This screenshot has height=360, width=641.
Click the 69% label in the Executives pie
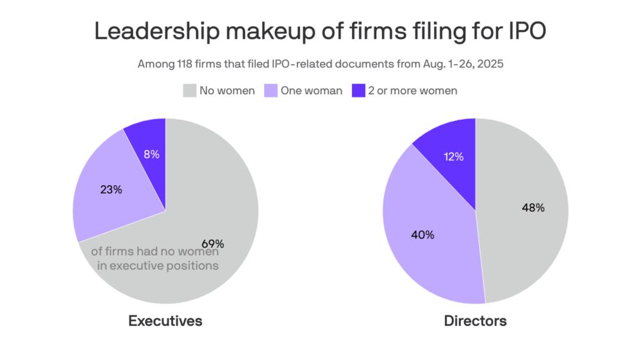pos(213,243)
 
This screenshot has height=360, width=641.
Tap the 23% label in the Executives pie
pos(111,190)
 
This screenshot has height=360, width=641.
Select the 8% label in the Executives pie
pos(151,154)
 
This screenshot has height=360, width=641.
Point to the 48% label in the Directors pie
pos(533,208)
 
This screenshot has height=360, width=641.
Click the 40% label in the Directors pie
pos(422,234)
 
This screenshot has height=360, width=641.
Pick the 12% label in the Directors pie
pos(453,156)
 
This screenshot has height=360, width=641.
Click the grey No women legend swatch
pos(188,91)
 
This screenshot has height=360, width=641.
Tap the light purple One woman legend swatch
pos(271,91)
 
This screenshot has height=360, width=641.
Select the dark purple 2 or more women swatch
pos(359,91)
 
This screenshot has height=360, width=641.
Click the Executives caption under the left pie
pos(165,321)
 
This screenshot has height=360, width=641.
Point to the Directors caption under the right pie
pos(475,321)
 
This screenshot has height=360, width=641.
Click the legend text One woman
pos(312,91)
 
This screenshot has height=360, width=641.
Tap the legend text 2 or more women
pos(413,91)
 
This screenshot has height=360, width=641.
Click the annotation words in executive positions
pos(158,265)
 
